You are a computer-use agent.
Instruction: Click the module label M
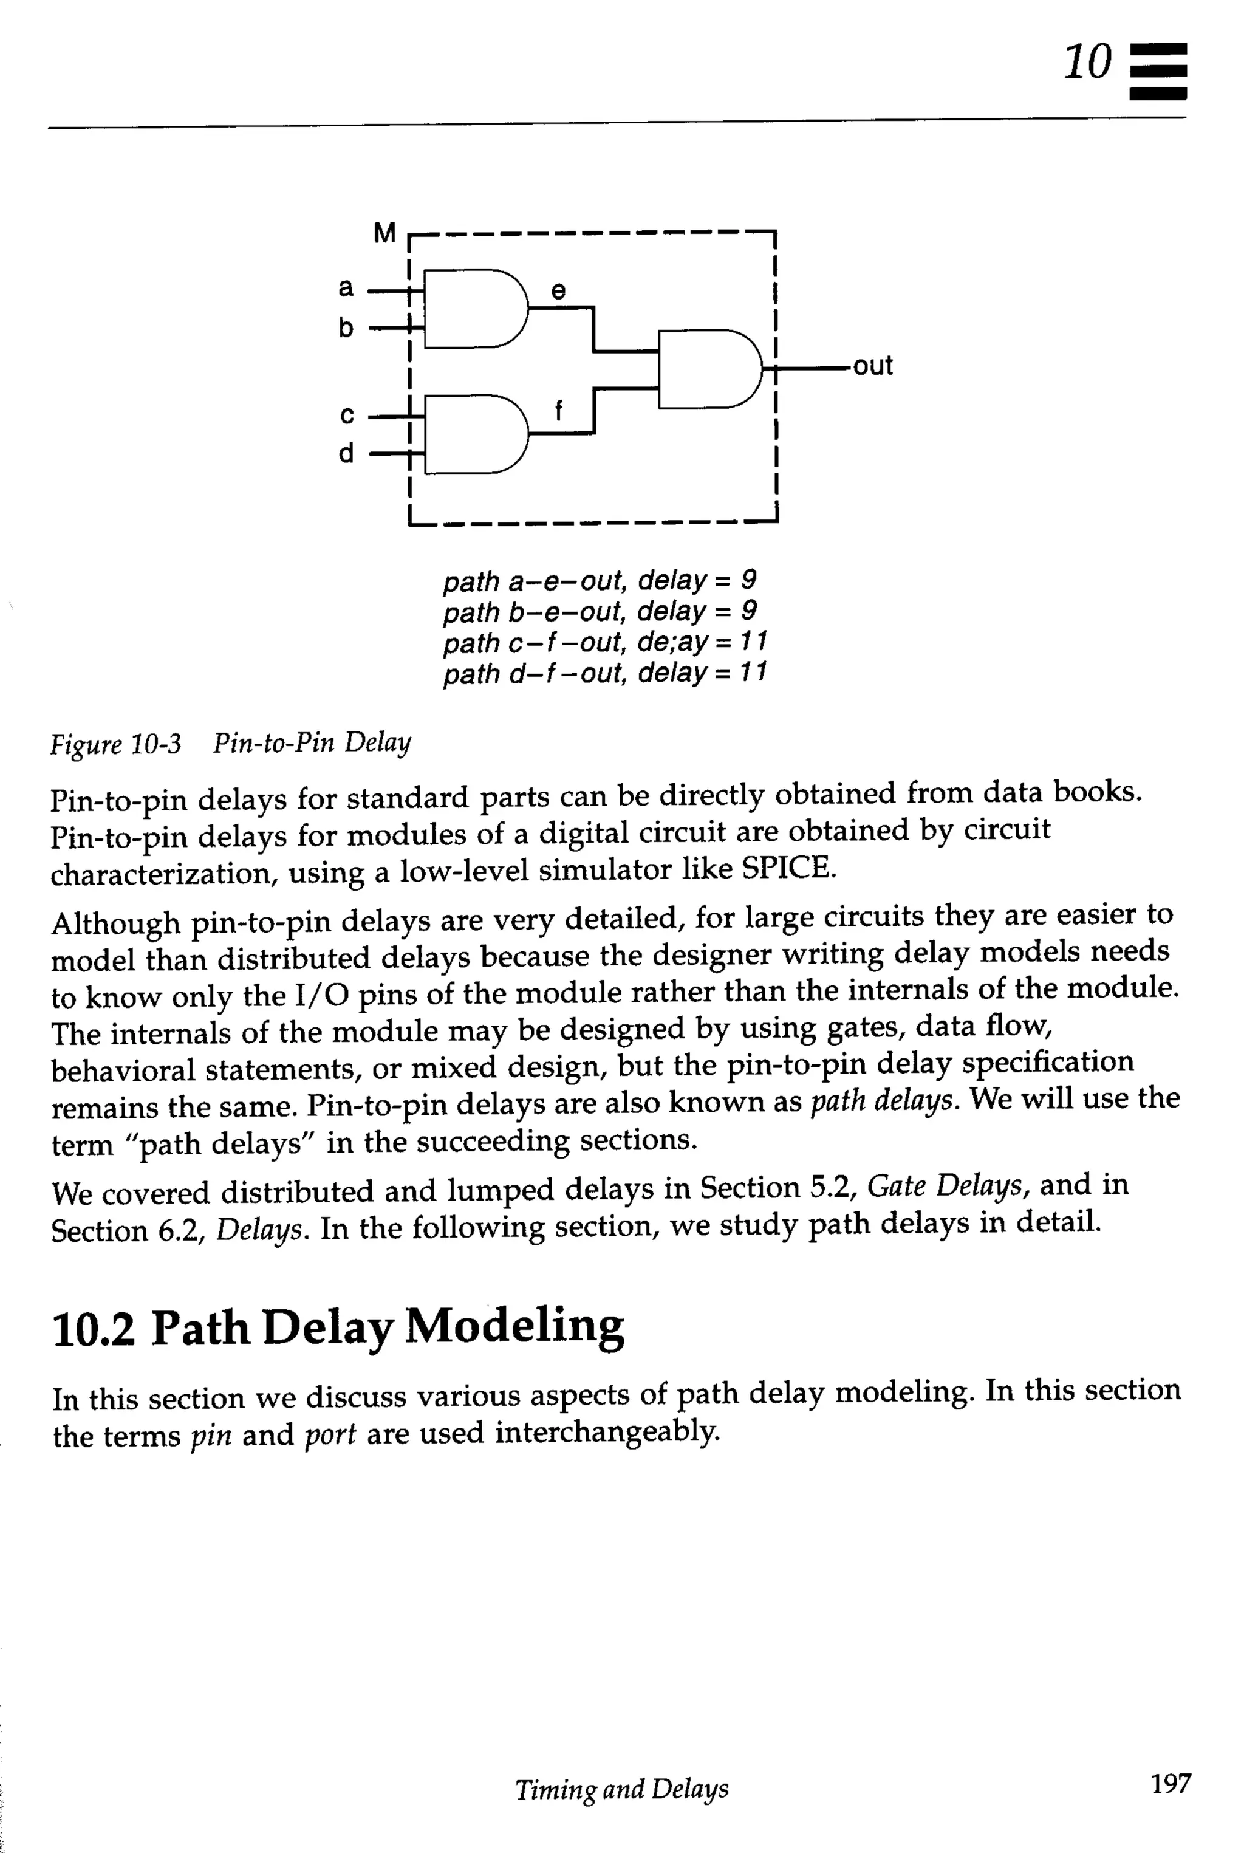[384, 233]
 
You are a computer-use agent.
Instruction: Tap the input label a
[346, 287]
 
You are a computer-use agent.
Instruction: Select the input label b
[346, 327]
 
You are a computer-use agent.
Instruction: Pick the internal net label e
[559, 290]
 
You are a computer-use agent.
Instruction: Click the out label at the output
[873, 366]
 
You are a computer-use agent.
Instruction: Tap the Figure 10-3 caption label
[116, 744]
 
